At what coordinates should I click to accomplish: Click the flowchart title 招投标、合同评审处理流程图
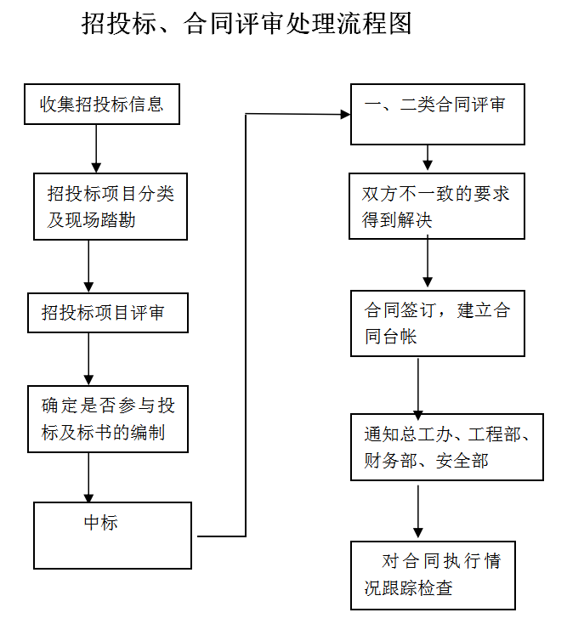[247, 23]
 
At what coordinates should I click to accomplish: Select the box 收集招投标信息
[102, 105]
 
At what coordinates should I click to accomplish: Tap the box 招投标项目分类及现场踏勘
[111, 207]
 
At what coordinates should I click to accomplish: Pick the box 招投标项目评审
[107, 313]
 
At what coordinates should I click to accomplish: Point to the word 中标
[101, 523]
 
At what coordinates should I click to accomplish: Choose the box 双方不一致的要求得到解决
[437, 207]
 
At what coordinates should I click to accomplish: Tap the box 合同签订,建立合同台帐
[437, 323]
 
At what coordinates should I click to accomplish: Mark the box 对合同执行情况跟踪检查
[433, 575]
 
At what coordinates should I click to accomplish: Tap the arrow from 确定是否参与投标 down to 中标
[88, 477]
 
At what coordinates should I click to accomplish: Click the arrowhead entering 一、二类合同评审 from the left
[345, 114]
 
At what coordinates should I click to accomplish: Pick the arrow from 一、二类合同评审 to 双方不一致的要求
[428, 158]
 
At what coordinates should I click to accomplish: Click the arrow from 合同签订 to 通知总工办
[418, 386]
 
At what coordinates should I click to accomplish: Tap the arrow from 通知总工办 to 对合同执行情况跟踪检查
[418, 510]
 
